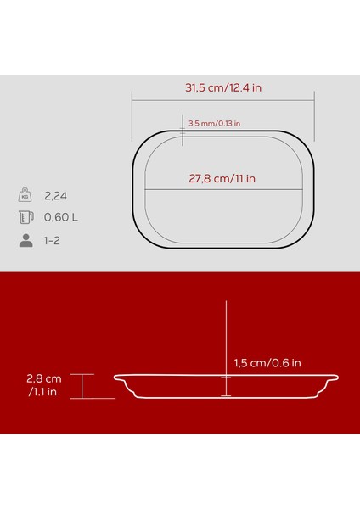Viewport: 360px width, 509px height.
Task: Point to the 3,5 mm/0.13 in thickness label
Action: click(214, 123)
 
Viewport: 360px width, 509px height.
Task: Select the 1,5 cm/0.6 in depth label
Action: click(267, 365)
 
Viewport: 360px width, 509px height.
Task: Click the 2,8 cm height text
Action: click(44, 378)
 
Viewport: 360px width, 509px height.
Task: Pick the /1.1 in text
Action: click(42, 391)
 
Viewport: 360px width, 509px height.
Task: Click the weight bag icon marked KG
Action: click(25, 193)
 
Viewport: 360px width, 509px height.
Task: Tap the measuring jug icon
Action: click(25, 217)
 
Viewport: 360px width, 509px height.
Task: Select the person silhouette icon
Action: click(25, 240)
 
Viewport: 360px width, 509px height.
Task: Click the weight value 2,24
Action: click(56, 194)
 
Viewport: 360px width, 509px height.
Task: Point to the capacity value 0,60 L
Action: click(61, 217)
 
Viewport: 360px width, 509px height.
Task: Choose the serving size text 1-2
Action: click(53, 241)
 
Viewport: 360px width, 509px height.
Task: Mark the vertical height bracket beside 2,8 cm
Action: click(82, 386)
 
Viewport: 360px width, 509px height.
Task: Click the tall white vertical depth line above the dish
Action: click(227, 339)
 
